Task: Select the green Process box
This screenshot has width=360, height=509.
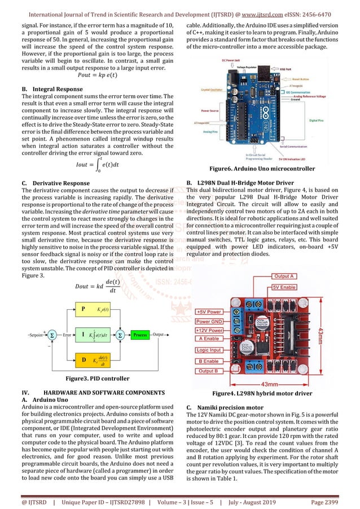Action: pyautogui.click(x=140, y=335)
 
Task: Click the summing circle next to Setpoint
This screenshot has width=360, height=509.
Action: pyautogui.click(x=53, y=335)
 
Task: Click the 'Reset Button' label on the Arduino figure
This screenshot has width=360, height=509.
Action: pyautogui.click(x=305, y=79)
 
